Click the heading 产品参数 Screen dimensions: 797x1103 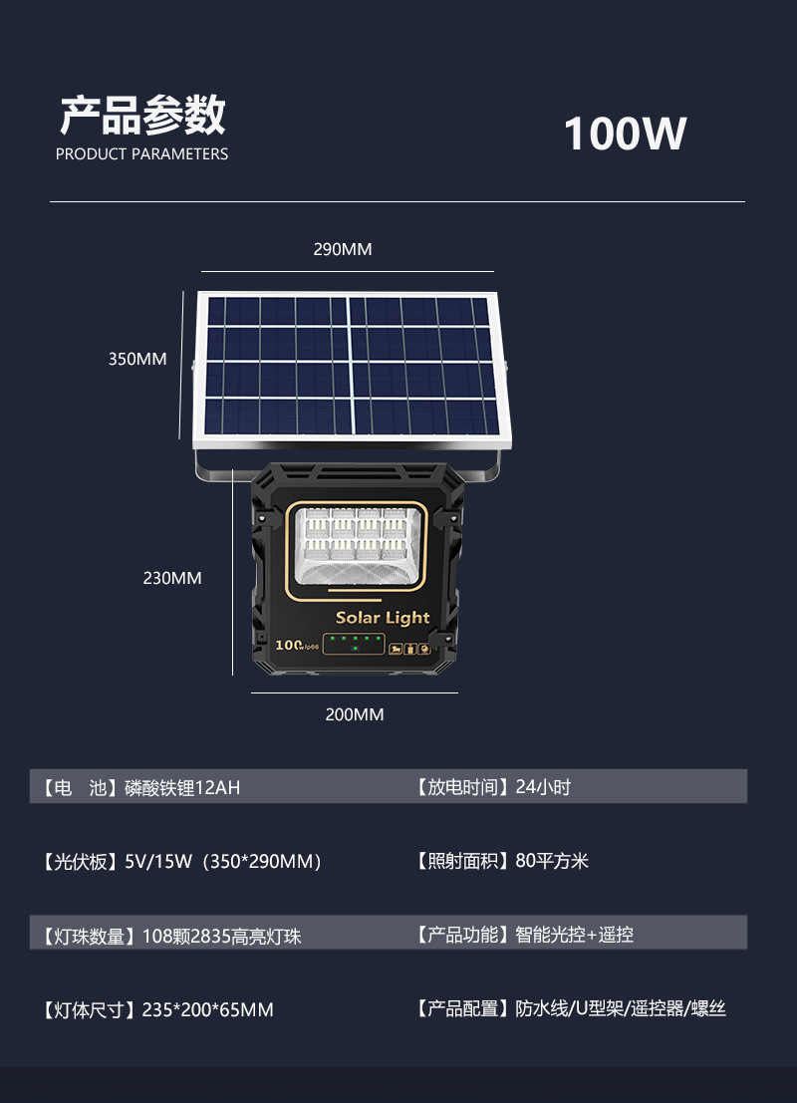[x=142, y=117]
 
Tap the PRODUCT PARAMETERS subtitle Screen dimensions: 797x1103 [x=141, y=154]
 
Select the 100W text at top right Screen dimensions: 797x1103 [x=625, y=135]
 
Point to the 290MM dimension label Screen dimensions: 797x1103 [x=342, y=249]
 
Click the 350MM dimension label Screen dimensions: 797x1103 [x=137, y=359]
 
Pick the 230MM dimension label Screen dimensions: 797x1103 [x=172, y=578]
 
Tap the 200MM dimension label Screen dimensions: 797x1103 [x=354, y=714]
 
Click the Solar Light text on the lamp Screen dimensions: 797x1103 [x=383, y=618]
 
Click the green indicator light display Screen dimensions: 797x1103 [x=354, y=644]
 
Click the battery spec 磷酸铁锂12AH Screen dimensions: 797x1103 [x=182, y=788]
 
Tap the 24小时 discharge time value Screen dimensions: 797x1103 [x=543, y=787]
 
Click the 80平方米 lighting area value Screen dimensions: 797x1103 [x=552, y=861]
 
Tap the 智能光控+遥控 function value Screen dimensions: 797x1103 [x=574, y=935]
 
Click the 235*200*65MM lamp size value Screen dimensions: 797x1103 [x=207, y=1010]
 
